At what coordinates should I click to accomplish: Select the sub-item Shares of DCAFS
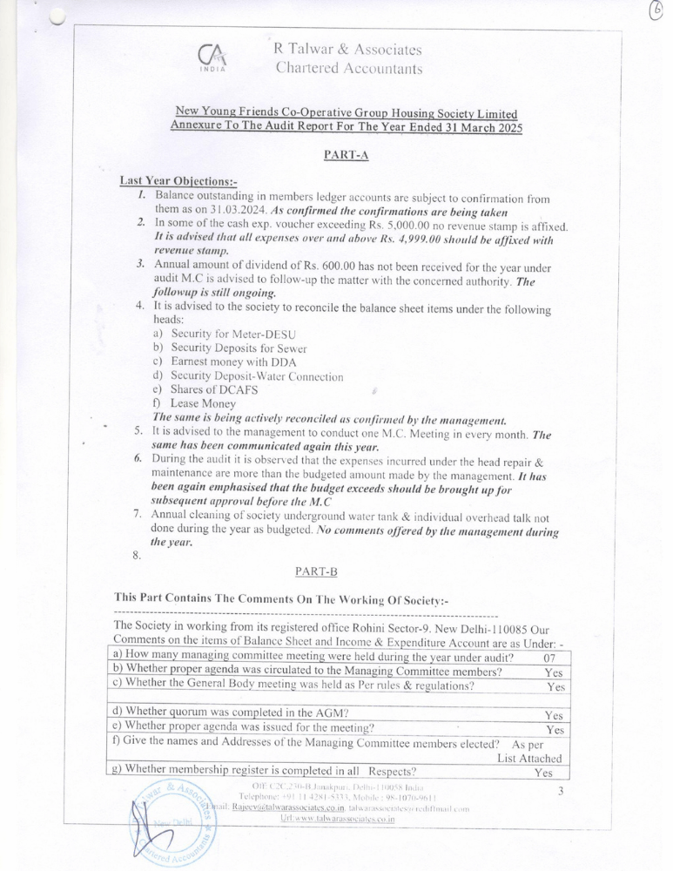click(x=214, y=390)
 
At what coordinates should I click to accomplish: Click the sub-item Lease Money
click(x=203, y=404)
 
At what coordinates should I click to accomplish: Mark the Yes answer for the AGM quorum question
click(x=554, y=715)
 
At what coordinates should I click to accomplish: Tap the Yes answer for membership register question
click(x=544, y=773)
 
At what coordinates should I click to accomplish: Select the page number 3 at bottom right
click(x=562, y=791)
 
